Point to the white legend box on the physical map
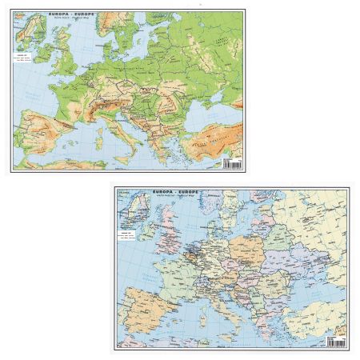(22, 61)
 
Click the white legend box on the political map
(126, 241)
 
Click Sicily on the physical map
(126, 154)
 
